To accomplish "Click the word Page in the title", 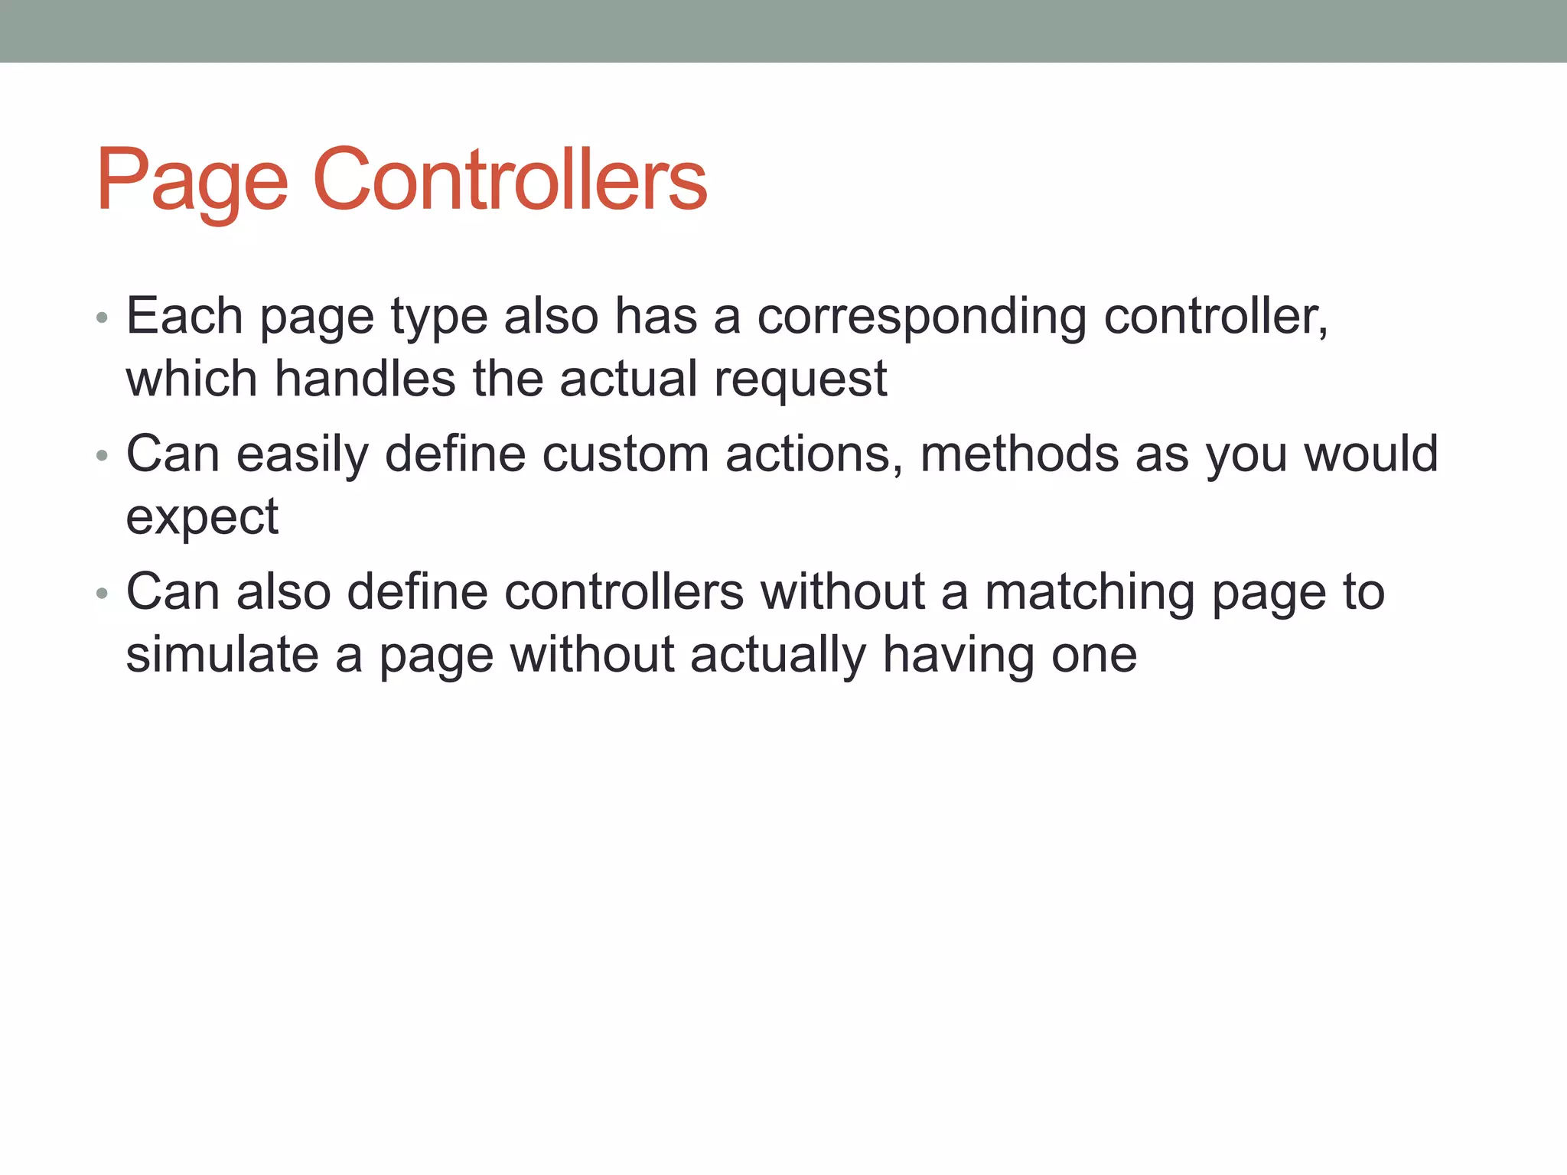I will click(192, 181).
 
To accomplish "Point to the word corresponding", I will click(921, 317).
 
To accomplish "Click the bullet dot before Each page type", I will click(103, 318).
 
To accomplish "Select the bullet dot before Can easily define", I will click(103, 457).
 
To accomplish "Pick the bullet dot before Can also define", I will click(103, 594).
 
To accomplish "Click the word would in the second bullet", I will click(1370, 454).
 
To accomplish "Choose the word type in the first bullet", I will click(439, 317).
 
